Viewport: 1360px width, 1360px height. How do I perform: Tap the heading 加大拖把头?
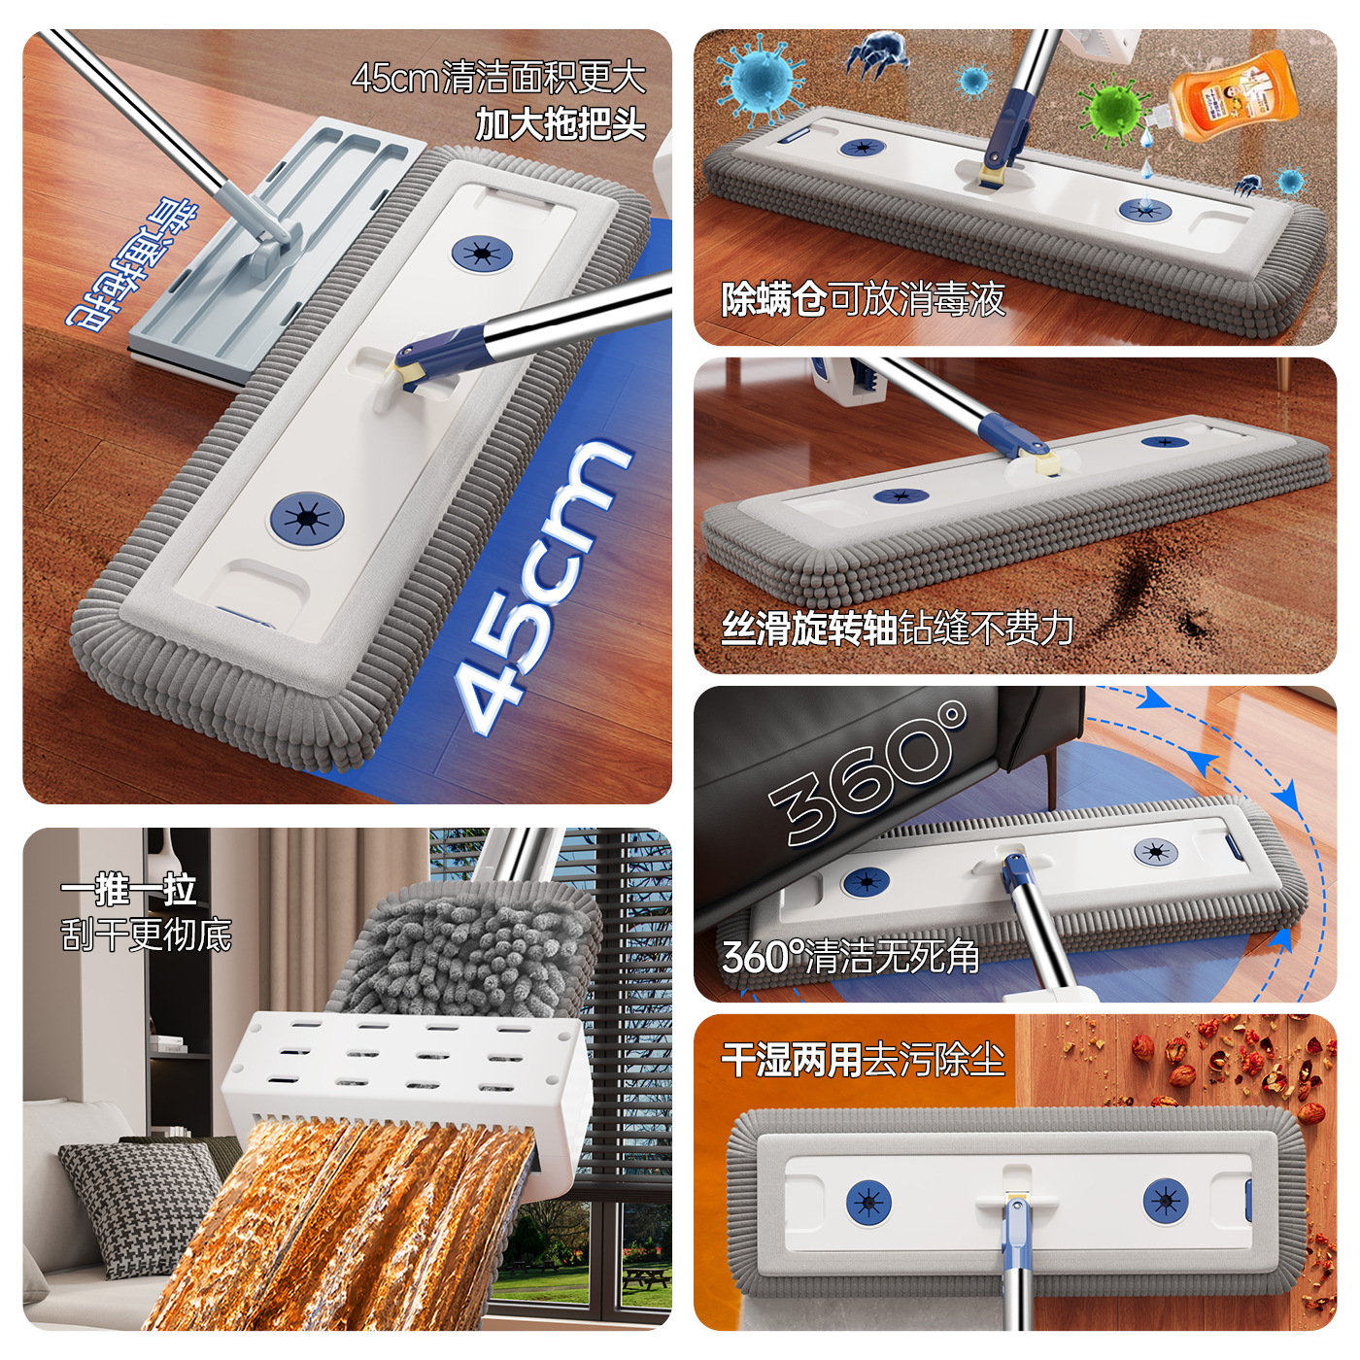(561, 124)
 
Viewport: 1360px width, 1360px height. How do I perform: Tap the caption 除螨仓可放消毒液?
(863, 299)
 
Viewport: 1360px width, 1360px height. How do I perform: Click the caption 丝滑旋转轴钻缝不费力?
(897, 629)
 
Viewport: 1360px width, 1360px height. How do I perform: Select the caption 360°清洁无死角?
(850, 957)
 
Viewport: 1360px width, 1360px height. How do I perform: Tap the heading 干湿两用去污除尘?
(862, 1059)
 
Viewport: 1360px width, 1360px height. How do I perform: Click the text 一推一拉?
(128, 889)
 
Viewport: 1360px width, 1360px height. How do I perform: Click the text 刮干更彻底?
(146, 935)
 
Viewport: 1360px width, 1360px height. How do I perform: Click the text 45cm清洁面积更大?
(498, 78)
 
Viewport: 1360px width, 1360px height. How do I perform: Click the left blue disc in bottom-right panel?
(868, 1202)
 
